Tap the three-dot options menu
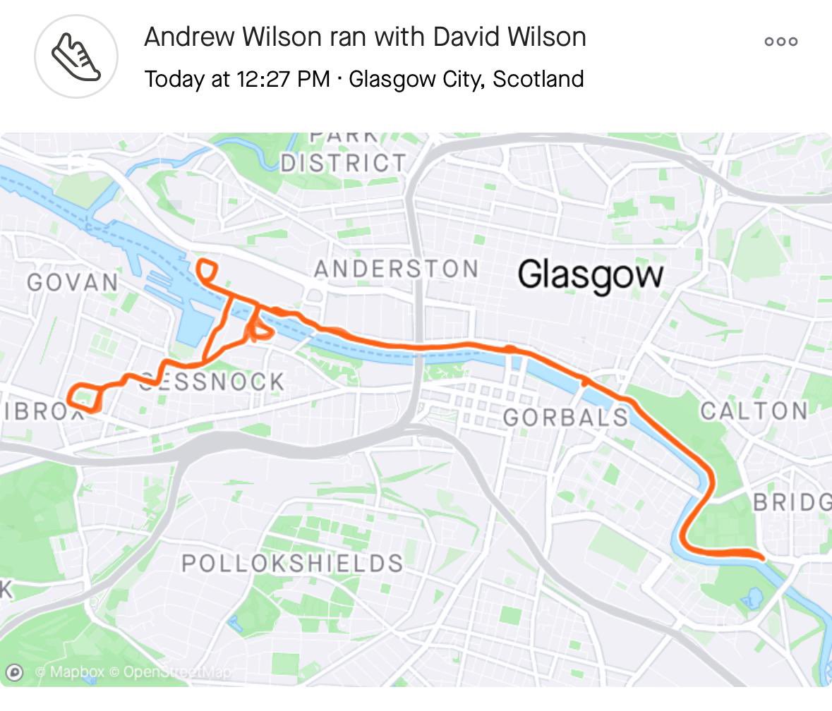coord(780,42)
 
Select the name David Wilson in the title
coord(509,37)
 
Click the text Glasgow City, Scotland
coord(466,78)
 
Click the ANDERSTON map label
coord(396,269)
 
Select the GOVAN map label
coord(73,282)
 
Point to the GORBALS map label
coord(565,417)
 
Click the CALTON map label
coord(754,411)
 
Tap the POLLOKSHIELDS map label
coord(292,564)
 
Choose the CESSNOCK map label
coord(212,382)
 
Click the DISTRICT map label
coord(343,163)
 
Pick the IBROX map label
coord(41,412)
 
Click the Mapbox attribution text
coord(68,672)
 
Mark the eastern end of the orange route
coord(762,558)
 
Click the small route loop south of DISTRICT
coord(205,271)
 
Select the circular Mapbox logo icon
coord(15,672)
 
